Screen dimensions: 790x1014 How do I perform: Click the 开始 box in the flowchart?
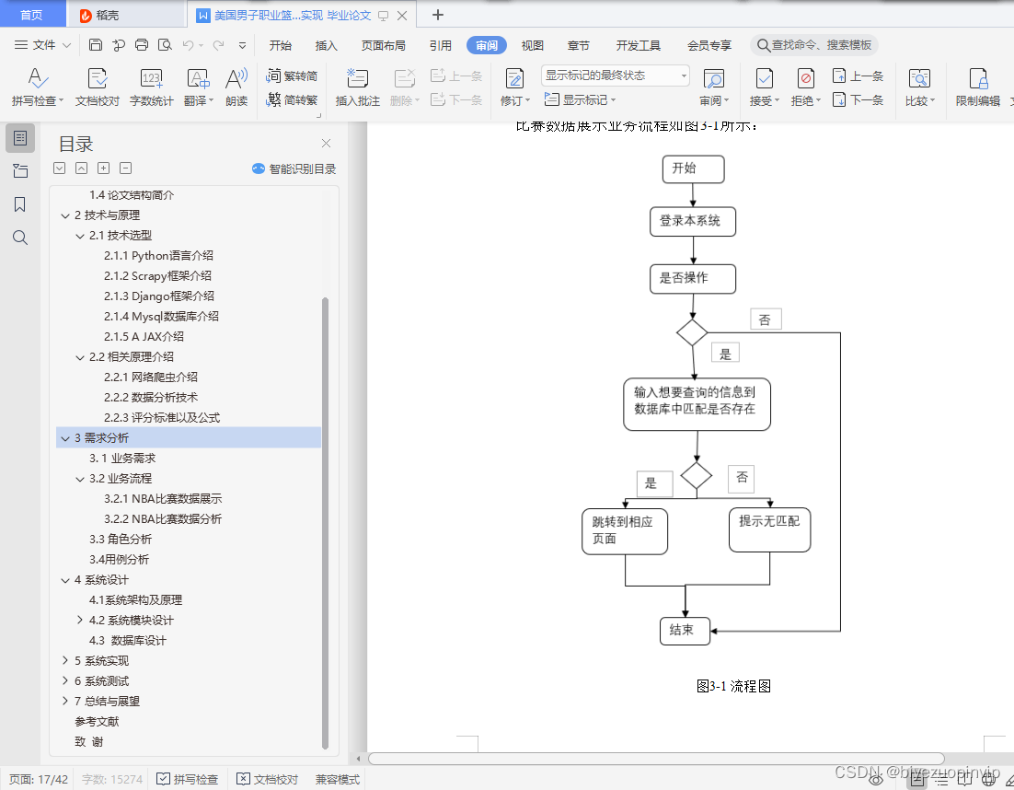[693, 169]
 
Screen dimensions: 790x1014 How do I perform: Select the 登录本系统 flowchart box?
[692, 222]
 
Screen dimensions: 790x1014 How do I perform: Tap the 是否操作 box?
[692, 279]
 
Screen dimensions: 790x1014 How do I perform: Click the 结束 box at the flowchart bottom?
[685, 631]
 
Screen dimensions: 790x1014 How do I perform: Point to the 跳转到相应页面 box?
[625, 531]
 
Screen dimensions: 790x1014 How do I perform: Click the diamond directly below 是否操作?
[692, 332]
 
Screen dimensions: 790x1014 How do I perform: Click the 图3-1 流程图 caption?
[733, 686]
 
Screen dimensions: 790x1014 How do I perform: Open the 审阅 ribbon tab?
[487, 45]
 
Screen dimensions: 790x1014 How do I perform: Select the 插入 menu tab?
[327, 45]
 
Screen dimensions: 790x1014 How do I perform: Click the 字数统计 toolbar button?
[151, 87]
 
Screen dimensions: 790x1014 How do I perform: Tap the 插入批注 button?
[357, 87]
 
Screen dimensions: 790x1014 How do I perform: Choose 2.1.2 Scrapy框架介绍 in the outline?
[157, 275]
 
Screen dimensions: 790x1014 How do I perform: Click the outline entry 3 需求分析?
[102, 437]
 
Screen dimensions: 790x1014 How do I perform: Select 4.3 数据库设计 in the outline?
[128, 640]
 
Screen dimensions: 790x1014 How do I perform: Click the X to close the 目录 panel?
[326, 143]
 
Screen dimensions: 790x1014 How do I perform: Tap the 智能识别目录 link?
[294, 168]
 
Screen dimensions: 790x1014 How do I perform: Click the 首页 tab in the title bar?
[32, 15]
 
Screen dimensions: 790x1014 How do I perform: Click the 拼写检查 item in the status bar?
[188, 779]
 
